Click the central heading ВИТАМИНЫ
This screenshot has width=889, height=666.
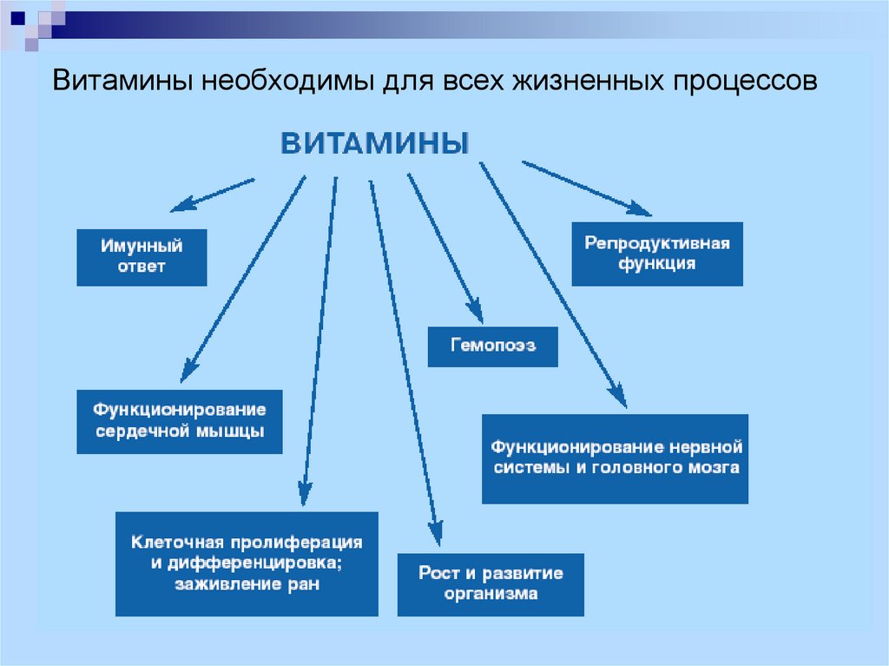click(x=375, y=143)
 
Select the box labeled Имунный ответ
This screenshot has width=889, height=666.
click(x=142, y=258)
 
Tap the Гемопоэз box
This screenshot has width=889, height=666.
click(x=493, y=346)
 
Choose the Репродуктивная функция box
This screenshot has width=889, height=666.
click(x=657, y=254)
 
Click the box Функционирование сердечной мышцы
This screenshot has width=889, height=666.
click(x=179, y=421)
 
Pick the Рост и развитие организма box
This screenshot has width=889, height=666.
click(x=491, y=585)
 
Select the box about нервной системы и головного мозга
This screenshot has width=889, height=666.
click(x=616, y=459)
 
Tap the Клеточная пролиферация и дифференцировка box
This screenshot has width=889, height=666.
click(x=247, y=564)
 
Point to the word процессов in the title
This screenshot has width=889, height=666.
click(x=746, y=82)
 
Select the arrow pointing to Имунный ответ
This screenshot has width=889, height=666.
click(x=213, y=195)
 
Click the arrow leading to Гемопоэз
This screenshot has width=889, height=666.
click(x=445, y=249)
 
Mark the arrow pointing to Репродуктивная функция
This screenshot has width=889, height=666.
click(x=587, y=188)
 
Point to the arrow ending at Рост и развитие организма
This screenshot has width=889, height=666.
click(x=405, y=363)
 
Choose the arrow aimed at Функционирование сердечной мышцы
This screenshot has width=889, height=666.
click(x=243, y=279)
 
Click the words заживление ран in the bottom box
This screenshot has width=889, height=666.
click(x=247, y=584)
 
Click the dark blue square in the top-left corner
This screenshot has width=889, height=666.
click(x=17, y=17)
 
